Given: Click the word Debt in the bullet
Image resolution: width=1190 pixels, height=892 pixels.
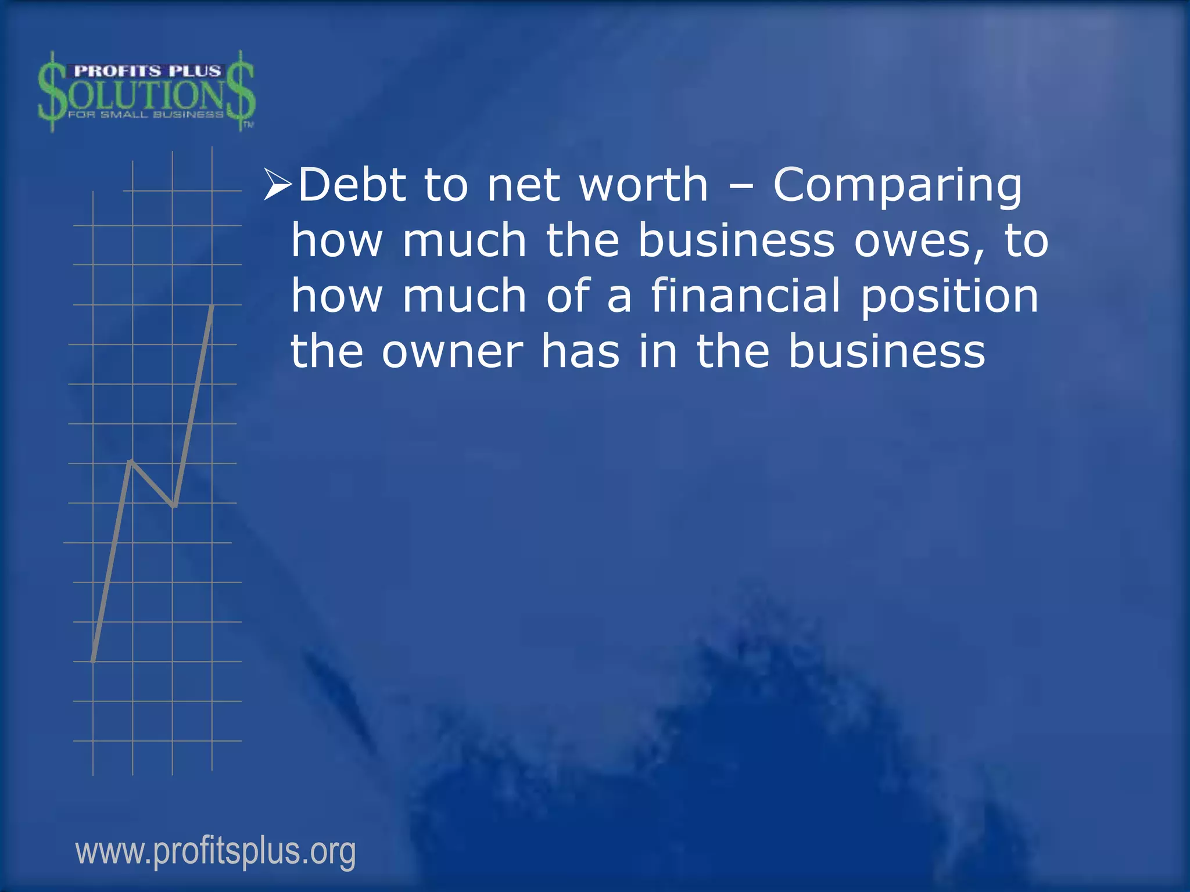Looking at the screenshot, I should (352, 185).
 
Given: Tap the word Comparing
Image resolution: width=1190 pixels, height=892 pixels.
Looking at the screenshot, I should (897, 186).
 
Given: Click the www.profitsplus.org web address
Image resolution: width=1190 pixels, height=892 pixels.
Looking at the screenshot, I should (216, 852).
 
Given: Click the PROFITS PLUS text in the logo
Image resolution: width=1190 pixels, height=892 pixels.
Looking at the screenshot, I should (148, 71).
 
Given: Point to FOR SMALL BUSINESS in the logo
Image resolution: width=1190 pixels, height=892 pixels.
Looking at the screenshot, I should (145, 114).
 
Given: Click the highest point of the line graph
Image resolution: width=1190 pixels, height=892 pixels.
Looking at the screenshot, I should (212, 306).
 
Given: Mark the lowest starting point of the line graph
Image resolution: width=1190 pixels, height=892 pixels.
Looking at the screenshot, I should (94, 660).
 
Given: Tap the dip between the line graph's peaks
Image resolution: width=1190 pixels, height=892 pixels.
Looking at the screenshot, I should (174, 505).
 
